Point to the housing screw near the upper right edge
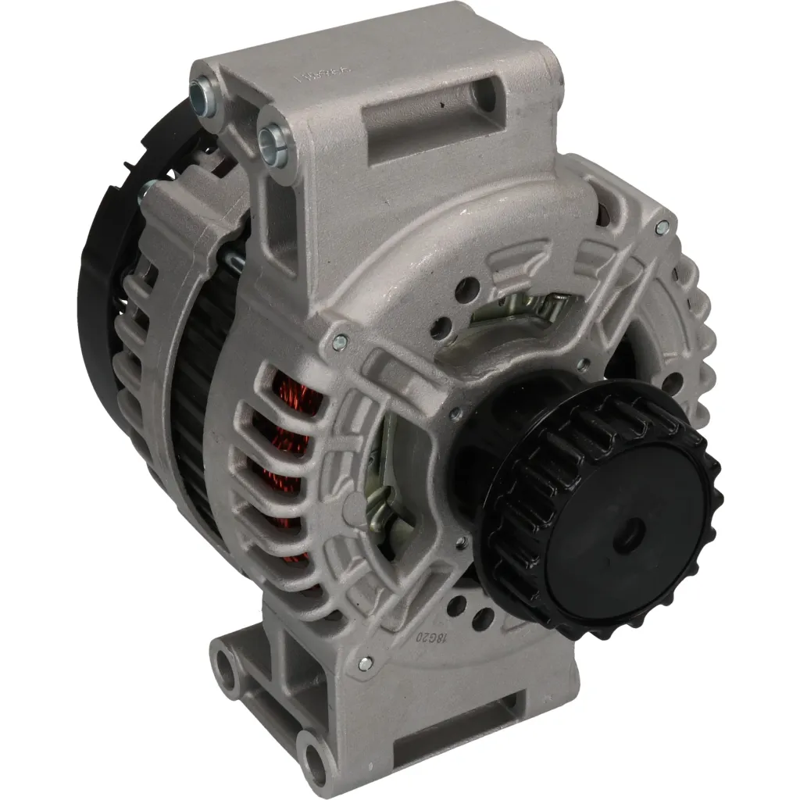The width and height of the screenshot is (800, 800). pos(662,227)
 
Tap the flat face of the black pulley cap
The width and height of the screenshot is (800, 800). pos(609,539)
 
